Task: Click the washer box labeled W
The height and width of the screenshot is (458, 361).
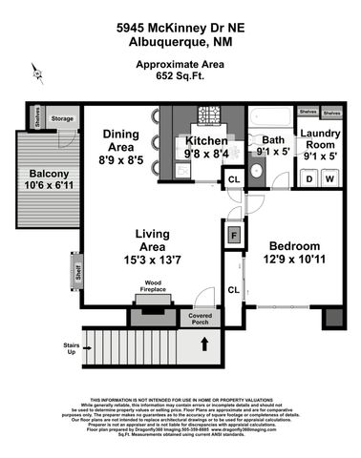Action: (x=329, y=177)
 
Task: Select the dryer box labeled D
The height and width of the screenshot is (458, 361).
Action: (x=308, y=177)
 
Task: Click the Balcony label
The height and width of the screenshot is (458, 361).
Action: (x=49, y=173)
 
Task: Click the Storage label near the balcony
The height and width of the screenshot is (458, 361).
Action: (x=62, y=118)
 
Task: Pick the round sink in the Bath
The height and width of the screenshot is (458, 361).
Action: (x=255, y=173)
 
